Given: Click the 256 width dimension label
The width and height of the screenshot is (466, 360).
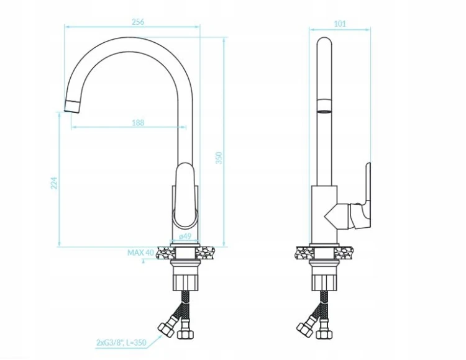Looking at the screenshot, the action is [x=138, y=22].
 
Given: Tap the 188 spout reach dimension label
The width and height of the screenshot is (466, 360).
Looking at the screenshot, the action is [x=138, y=122].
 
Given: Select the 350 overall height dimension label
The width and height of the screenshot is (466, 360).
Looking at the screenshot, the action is [x=219, y=158].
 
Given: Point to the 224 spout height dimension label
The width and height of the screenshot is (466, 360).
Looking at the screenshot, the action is [x=54, y=183].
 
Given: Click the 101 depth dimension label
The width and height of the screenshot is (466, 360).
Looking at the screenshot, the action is [x=340, y=24].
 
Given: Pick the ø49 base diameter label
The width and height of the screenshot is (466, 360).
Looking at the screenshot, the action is [x=185, y=236].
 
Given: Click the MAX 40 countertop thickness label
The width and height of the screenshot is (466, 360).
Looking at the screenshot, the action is [x=140, y=253].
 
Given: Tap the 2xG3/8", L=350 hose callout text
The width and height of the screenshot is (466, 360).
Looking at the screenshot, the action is [x=121, y=343].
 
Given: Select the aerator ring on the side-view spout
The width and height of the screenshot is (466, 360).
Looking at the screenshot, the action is [x=324, y=106].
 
